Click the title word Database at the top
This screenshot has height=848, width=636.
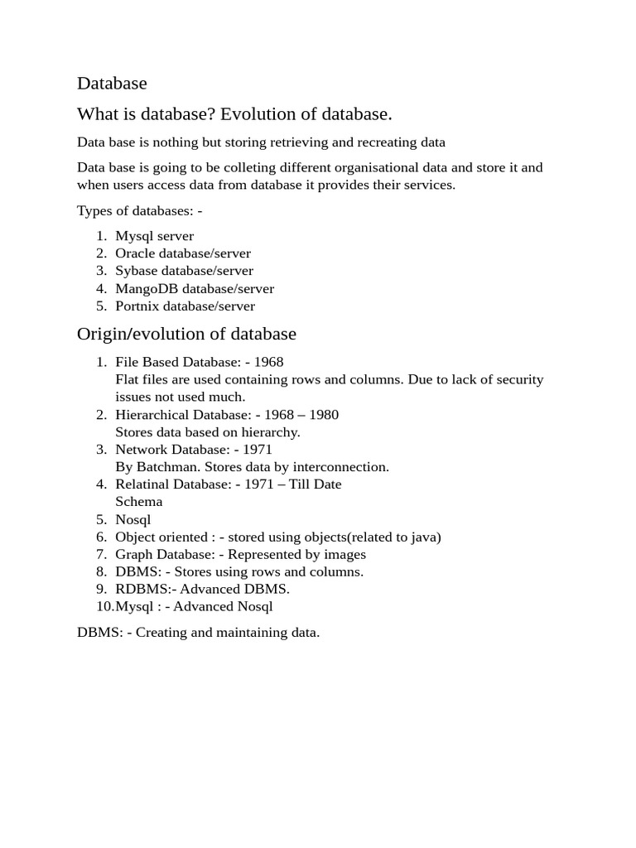pos(112,84)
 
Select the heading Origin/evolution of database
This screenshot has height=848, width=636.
pos(186,335)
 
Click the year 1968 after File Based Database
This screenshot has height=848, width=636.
pos(268,362)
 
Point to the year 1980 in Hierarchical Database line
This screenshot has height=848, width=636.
pos(322,414)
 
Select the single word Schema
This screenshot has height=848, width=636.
pos(138,501)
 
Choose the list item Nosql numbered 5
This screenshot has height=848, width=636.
pos(133,519)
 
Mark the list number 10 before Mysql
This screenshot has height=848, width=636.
pos(101,606)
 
